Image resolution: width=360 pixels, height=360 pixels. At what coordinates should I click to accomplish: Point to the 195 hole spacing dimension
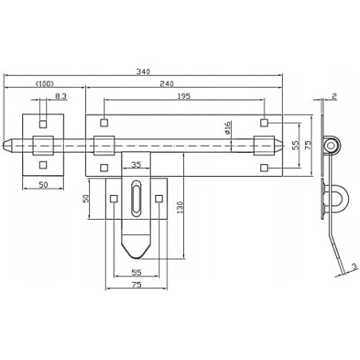(x=185, y=95)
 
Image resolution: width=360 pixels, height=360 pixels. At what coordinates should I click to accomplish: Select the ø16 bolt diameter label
(x=229, y=130)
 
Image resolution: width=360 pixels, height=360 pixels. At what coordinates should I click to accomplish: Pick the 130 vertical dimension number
(x=181, y=206)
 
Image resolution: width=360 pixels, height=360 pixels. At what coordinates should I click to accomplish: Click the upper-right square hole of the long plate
(x=265, y=123)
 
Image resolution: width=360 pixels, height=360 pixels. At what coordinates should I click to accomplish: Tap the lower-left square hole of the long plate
(x=104, y=167)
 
